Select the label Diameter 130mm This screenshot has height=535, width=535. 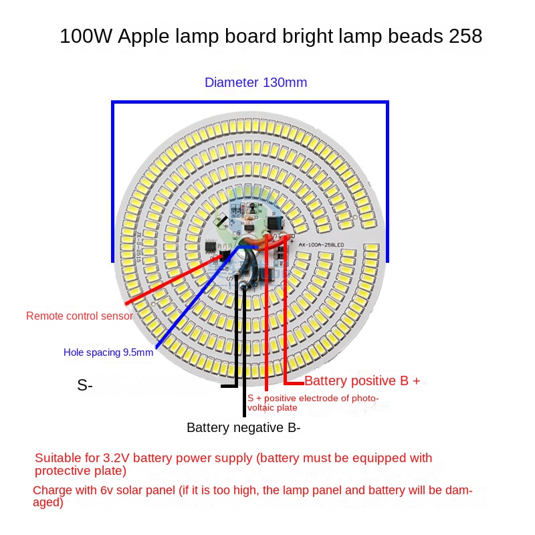(255, 83)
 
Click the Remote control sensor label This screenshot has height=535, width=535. (80, 316)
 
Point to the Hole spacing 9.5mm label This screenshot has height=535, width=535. (108, 352)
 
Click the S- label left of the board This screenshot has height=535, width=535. (85, 385)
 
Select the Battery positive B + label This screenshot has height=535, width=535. (362, 381)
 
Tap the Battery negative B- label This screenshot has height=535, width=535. (243, 428)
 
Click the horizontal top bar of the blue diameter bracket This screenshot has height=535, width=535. (250, 102)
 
